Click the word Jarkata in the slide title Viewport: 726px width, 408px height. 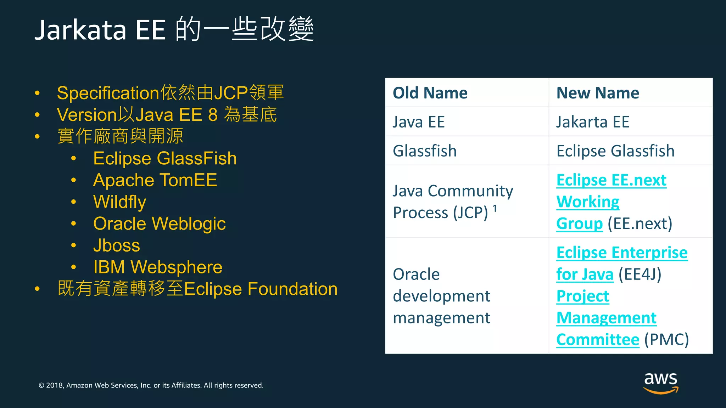(x=80, y=30)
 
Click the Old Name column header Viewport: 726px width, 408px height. (x=430, y=93)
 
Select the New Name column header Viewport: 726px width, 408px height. (x=598, y=93)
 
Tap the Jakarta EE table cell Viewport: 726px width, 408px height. (x=592, y=122)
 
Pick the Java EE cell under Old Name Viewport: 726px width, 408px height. (x=419, y=122)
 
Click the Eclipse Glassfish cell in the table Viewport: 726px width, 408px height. (x=615, y=151)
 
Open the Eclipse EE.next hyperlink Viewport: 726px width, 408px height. (x=611, y=180)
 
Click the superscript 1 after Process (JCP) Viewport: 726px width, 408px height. (x=495, y=209)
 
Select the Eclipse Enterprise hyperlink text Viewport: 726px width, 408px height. (x=622, y=253)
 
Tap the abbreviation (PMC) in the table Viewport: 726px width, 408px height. (x=666, y=340)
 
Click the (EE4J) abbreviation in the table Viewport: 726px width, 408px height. (x=640, y=274)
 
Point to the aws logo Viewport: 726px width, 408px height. (x=661, y=382)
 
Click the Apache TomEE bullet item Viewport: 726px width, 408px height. (x=155, y=180)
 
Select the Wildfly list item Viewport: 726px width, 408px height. (x=119, y=202)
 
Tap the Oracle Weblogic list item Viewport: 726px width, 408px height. (x=159, y=224)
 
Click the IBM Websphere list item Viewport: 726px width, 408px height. (x=158, y=267)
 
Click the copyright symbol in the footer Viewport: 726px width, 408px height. (x=41, y=385)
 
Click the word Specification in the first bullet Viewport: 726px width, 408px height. (x=108, y=93)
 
